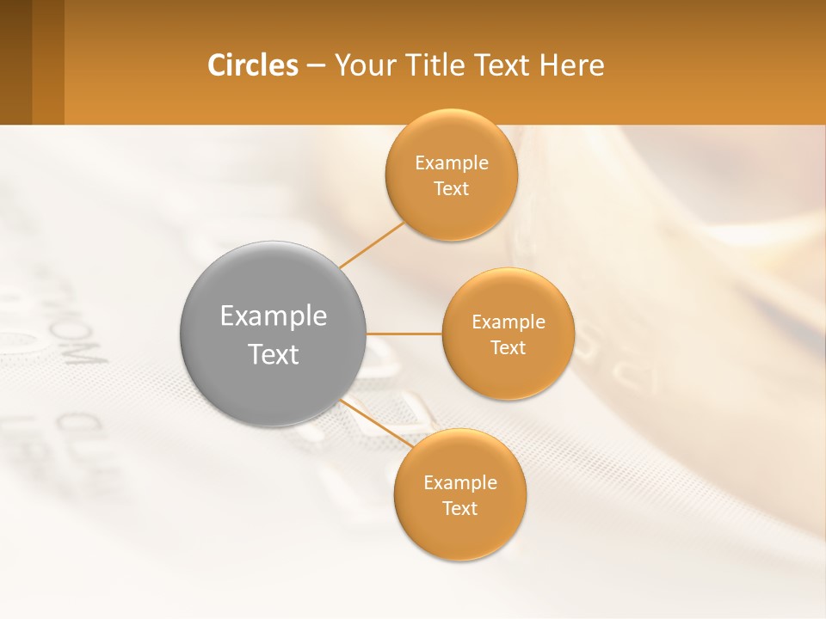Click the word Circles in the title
[252, 65]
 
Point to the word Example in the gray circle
[274, 316]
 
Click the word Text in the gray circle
[274, 354]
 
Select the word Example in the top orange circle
[452, 163]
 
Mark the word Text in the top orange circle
[452, 189]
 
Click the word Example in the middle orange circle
[509, 322]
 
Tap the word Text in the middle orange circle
[509, 348]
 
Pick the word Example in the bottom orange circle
[460, 483]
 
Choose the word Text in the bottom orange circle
[460, 509]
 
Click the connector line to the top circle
[373, 245]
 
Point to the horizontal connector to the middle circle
[404, 334]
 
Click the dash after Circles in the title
[316, 66]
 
